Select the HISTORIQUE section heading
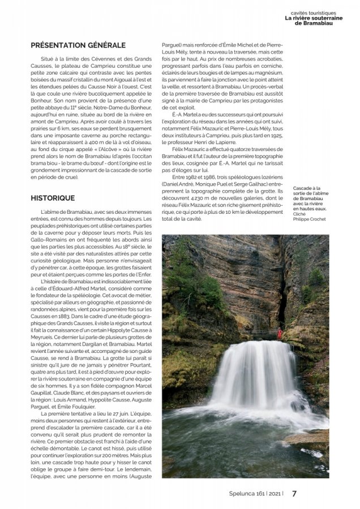coord(53,198)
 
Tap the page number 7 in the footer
coord(294,493)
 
